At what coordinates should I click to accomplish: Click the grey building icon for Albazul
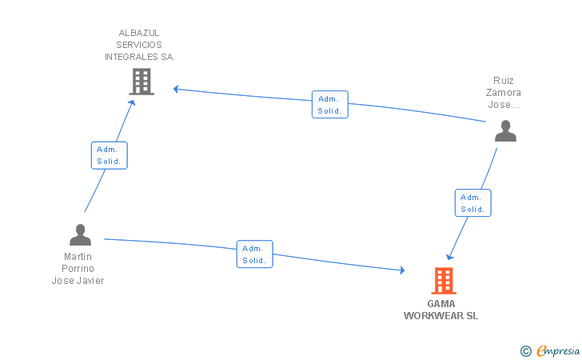(142, 82)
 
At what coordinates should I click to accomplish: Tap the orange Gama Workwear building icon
(444, 281)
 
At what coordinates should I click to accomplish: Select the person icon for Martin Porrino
(80, 234)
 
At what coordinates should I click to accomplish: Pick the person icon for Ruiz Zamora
(505, 130)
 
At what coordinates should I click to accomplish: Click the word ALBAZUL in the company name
(139, 33)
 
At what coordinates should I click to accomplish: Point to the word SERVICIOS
(139, 45)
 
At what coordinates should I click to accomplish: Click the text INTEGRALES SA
(139, 57)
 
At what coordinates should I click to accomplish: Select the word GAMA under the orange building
(441, 304)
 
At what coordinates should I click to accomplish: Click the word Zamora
(504, 93)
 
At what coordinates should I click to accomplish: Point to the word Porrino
(78, 269)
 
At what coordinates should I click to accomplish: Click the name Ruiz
(504, 81)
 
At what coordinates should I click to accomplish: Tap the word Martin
(78, 257)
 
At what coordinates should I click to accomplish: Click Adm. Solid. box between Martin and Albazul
(109, 155)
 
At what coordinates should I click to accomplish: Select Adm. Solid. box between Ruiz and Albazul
(330, 104)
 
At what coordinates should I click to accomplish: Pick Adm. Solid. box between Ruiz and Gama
(473, 203)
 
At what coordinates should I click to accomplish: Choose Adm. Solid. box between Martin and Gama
(254, 254)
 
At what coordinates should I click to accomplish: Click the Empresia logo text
(558, 350)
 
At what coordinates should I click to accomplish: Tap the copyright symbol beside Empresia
(526, 351)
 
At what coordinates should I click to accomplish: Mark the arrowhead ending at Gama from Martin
(402, 270)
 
